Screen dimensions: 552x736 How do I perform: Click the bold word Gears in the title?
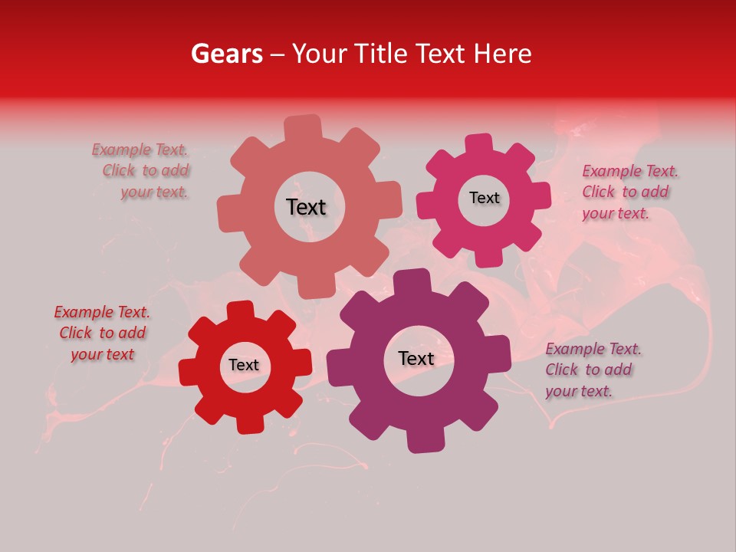coord(226,54)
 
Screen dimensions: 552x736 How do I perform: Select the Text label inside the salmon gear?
coord(306,207)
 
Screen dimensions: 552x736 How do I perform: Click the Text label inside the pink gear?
coord(484,198)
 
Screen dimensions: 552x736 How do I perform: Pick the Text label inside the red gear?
coord(244,366)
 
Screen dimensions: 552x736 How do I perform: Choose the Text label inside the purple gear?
coord(416,359)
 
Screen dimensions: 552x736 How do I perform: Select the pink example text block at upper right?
coord(629,192)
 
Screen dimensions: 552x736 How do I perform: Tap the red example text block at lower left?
coord(102,333)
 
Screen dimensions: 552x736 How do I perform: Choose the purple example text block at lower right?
coord(592,370)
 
